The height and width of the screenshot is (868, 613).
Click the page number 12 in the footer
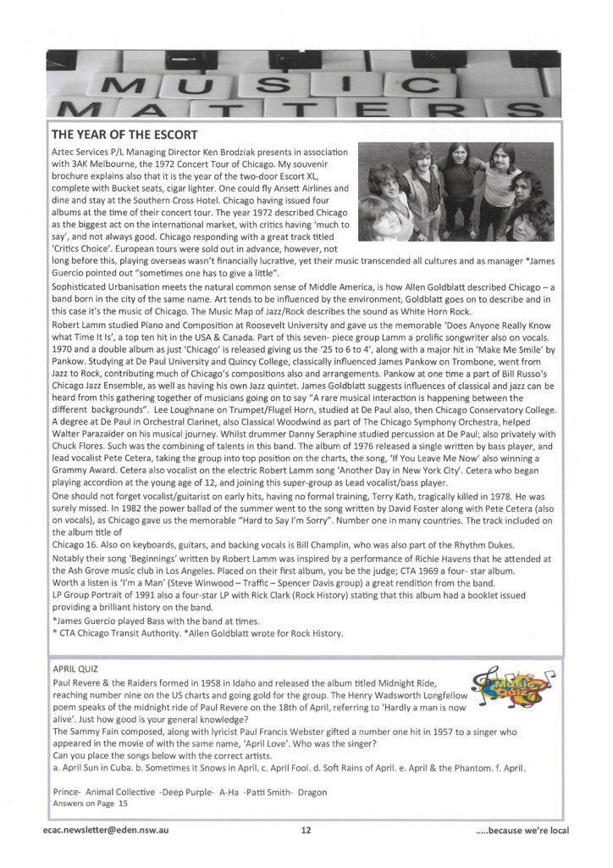point(306,831)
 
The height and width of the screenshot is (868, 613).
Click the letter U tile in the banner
point(197,86)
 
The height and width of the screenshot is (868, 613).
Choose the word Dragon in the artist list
point(311,791)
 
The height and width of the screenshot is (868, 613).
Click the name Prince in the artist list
point(66,791)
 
